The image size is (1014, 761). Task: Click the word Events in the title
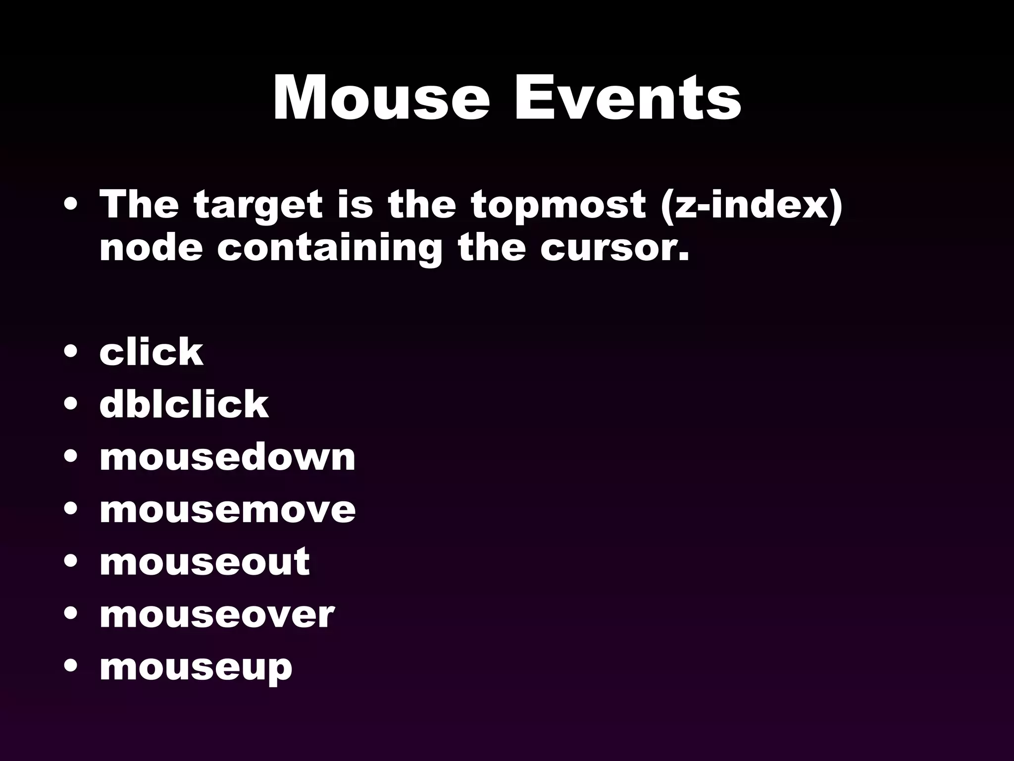pos(628,98)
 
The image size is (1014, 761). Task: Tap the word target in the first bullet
pos(258,205)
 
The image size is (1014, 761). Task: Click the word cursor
pos(614,248)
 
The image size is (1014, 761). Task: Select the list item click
pos(151,352)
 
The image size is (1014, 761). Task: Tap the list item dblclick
pos(184,404)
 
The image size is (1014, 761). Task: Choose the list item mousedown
pos(227,457)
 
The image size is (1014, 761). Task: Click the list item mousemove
pos(227,509)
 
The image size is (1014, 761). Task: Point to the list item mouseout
pos(204,562)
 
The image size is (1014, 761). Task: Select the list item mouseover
pos(217,614)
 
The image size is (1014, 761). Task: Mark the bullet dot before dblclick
pos(71,404)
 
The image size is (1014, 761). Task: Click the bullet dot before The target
pos(71,205)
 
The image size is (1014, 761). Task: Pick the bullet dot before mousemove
pos(71,509)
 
